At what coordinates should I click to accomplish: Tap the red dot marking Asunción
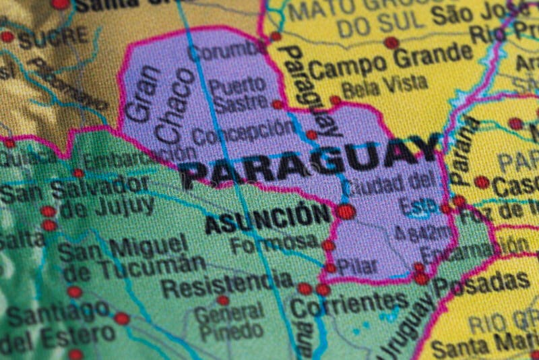point(346,212)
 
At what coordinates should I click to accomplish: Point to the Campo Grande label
point(391,62)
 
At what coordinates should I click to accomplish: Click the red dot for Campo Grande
point(391,42)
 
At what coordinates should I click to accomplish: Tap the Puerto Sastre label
point(237,95)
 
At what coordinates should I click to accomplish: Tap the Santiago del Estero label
point(61,324)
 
